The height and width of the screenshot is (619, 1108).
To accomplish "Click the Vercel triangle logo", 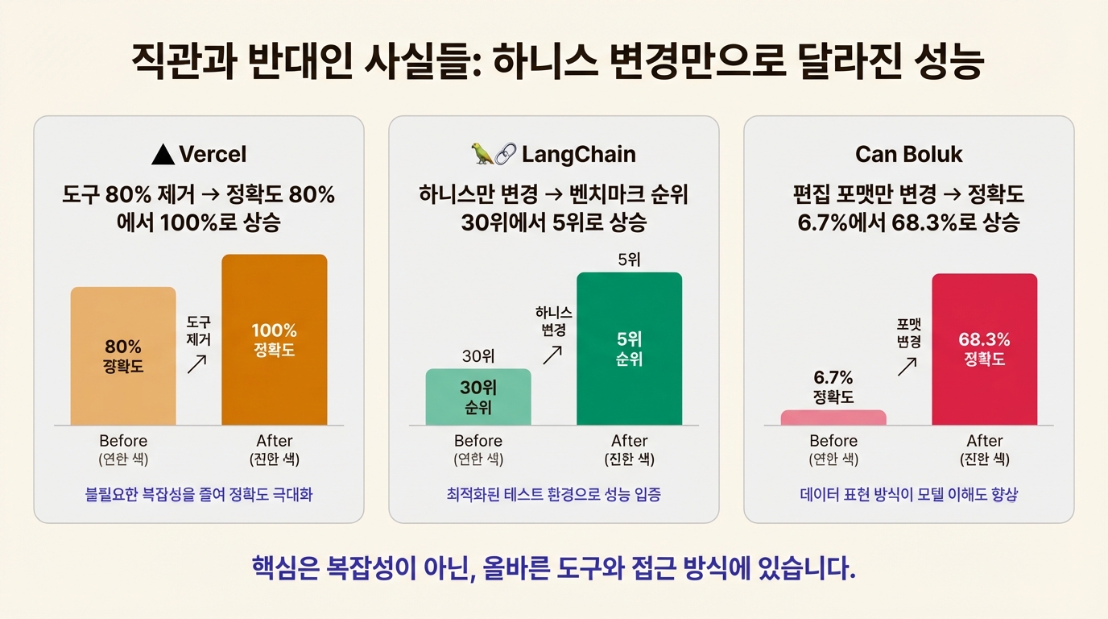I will tap(163, 154).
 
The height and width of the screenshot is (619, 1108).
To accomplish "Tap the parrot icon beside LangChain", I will tap(482, 154).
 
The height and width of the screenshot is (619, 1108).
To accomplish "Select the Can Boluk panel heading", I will tap(909, 154).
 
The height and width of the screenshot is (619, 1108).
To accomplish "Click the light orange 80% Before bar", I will tap(123, 355).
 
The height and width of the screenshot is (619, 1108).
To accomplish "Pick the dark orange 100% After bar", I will tap(275, 339).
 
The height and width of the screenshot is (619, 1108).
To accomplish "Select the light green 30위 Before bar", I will tap(478, 397).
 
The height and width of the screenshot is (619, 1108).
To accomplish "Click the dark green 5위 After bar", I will tap(629, 348).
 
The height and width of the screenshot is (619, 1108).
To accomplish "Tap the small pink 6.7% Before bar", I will tap(833, 418).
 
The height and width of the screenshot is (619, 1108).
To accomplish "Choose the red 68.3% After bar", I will tap(984, 349).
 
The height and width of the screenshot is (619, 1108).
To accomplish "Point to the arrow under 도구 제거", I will tap(197, 365).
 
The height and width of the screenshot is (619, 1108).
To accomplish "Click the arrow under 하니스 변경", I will tap(553, 354).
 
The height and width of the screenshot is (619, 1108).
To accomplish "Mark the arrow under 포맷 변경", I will tap(907, 366).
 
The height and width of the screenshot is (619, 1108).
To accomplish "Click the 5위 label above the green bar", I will tap(629, 260).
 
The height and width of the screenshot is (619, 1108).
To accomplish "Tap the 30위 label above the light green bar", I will tap(478, 355).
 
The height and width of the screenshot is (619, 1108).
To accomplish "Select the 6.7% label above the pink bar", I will tap(833, 378).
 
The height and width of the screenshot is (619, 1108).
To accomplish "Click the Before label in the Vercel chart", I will tap(123, 441).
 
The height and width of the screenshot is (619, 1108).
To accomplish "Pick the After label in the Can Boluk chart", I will tap(984, 441).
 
